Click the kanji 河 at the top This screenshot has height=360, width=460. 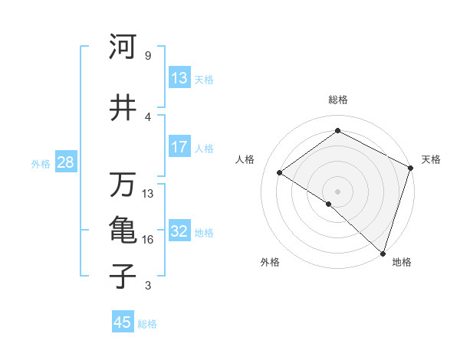123,47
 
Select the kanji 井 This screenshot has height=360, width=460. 123,108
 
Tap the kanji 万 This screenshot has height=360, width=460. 123,185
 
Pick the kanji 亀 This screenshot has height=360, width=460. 123,231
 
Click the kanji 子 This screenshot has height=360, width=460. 123,277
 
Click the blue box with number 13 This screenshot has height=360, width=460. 179,78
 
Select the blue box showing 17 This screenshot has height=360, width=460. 179,147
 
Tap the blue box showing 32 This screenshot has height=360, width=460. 179,231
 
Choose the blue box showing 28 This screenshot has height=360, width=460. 65,162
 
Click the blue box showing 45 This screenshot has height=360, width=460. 123,322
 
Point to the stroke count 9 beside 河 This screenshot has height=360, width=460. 147,56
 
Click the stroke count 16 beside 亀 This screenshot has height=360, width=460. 148,240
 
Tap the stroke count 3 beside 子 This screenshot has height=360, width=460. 147,286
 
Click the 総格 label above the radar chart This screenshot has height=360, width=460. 337,100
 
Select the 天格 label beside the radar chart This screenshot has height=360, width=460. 431,159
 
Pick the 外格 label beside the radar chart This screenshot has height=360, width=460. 270,262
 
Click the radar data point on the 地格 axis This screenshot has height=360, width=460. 383,253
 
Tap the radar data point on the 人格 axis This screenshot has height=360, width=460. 280,172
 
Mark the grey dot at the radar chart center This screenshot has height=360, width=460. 337,191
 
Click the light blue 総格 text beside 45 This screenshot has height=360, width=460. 147,324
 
